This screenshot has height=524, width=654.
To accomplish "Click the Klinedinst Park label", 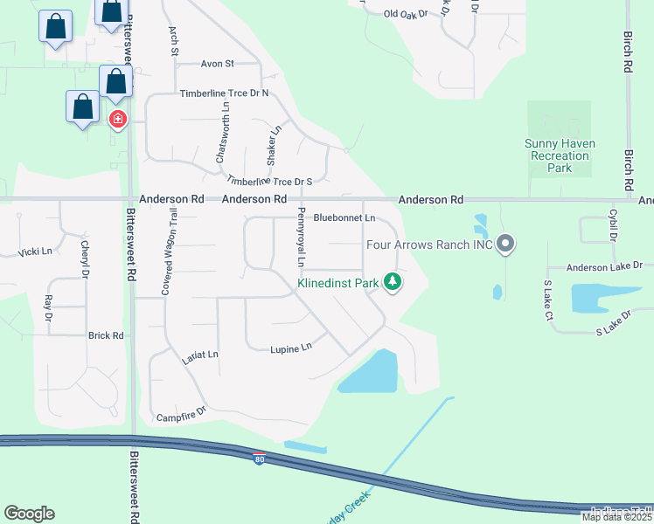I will pos(337,283).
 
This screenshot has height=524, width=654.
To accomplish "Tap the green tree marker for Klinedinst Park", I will pos(393,282).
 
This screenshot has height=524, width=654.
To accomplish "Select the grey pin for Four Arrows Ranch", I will pos(504,244).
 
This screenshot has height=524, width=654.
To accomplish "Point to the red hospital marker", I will pos(116,119).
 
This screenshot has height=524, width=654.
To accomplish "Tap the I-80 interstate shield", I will pos(259,458).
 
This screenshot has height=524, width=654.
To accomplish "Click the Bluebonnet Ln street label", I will pos(344,217).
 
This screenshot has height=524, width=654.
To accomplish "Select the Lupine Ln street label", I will pos(290,348).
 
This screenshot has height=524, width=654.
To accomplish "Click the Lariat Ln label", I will pos(199,355).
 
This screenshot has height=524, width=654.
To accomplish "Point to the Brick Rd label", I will pos(106,335).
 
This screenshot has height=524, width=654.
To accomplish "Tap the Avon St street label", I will pos(218,64).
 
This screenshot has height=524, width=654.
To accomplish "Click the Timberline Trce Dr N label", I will pos(224,93).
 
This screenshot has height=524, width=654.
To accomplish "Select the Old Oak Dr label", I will pos(407,14).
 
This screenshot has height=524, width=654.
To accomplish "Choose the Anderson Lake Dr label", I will pos(604,266).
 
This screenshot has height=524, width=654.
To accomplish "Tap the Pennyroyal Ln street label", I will pos(300,238).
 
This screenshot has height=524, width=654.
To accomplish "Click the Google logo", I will pos(29,514).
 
